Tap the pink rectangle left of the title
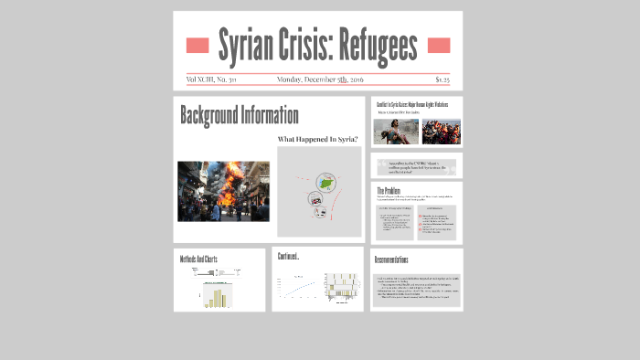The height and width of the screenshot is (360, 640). [x=197, y=46]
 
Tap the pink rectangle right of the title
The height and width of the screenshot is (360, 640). [x=439, y=46]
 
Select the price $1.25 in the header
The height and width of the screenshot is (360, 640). [x=442, y=79]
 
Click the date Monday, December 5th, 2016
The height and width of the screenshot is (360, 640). [x=318, y=79]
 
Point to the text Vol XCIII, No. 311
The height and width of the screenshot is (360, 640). [x=211, y=79]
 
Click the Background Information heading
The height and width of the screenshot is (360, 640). [x=239, y=116]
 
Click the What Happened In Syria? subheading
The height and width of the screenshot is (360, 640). [x=317, y=140]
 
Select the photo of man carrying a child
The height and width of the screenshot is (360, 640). [x=395, y=132]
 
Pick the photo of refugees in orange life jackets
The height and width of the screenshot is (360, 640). [x=441, y=132]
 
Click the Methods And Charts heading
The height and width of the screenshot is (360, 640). [x=198, y=259]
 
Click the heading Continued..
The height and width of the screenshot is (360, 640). [x=289, y=257]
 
